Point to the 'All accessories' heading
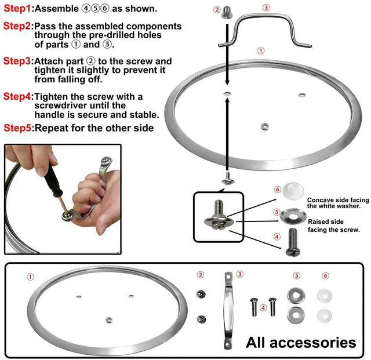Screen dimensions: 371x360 coord(301,342)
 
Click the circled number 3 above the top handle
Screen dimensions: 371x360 coord(266,8)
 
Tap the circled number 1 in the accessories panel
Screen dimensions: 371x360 coord(31,277)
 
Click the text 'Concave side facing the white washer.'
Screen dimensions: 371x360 coord(337,202)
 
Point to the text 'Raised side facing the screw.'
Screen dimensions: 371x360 coord(333,226)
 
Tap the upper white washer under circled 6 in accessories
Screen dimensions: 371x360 coord(323,295)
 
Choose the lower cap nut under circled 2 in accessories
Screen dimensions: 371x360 coord(202,318)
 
